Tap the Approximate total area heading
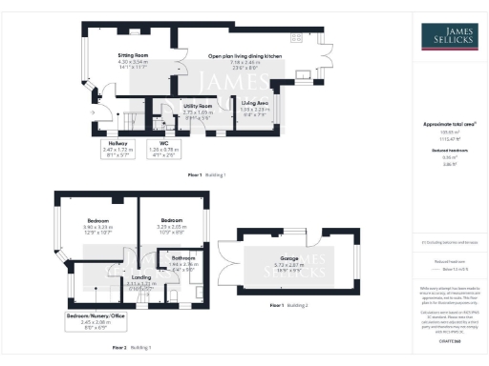tap(449, 124)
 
